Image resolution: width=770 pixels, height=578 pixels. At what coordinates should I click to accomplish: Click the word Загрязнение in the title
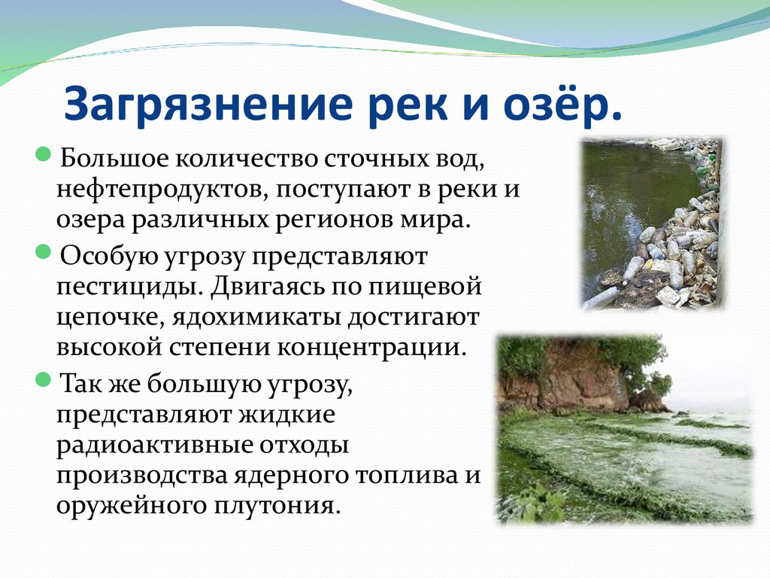[x=209, y=105]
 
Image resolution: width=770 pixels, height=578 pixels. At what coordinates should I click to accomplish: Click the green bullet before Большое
[x=44, y=154]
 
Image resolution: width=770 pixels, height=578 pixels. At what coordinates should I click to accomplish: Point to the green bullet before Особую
[x=44, y=251]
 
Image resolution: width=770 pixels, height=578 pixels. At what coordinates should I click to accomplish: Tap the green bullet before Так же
[x=44, y=379]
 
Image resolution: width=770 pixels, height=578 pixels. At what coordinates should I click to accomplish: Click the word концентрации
[x=371, y=348]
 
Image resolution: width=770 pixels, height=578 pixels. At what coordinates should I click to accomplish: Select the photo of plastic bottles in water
[x=653, y=224]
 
